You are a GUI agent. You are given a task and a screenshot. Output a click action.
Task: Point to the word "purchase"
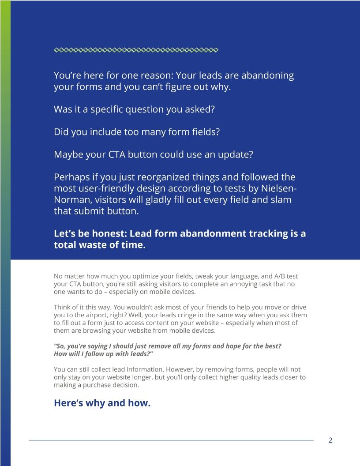click(x=97, y=385)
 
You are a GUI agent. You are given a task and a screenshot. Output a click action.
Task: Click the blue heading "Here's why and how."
click(x=102, y=403)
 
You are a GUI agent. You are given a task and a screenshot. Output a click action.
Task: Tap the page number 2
click(x=330, y=440)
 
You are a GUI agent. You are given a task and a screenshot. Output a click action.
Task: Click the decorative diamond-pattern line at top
click(x=136, y=50)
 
